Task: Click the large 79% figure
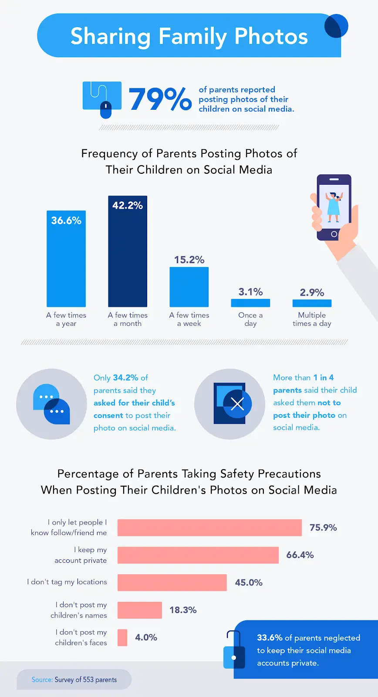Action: coord(160,99)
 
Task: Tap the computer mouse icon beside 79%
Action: coord(106,110)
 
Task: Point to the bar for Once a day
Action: coord(250,303)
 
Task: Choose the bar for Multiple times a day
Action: coord(312,303)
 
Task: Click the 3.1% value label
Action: coord(250,292)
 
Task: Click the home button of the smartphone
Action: coord(334,234)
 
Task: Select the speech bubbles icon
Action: coord(51,404)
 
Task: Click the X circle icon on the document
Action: coord(237,404)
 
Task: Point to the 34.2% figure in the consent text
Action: coord(125,378)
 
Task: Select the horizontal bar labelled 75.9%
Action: coord(209,528)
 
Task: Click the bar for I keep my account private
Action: coord(198,555)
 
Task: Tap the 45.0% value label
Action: coord(249,582)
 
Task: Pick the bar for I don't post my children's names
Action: coord(140,610)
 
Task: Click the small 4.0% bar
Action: coord(122,637)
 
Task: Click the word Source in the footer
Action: coord(42,680)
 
